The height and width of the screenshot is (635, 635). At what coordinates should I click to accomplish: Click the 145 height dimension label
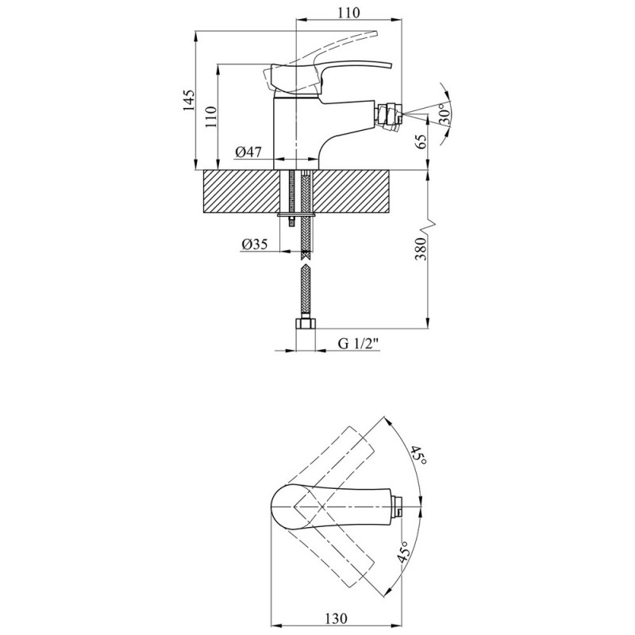tap(188, 100)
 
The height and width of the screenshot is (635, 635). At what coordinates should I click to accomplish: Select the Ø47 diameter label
tap(248, 152)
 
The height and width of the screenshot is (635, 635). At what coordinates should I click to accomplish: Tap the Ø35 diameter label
tap(254, 244)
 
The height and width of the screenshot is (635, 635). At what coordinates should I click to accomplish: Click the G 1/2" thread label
tap(358, 344)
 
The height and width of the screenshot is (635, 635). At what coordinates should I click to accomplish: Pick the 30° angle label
tap(444, 114)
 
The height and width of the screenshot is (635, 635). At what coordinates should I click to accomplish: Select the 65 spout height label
tap(421, 142)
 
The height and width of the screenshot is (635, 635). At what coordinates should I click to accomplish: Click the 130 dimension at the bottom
tap(336, 618)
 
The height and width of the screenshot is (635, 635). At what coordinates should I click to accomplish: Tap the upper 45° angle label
tap(418, 455)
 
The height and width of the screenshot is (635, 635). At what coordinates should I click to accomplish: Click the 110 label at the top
tap(348, 13)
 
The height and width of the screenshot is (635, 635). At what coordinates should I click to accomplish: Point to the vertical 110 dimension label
tap(211, 117)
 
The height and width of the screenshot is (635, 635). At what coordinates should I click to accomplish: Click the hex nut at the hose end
tap(306, 325)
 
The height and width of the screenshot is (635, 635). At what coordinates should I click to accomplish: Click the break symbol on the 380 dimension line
tap(429, 227)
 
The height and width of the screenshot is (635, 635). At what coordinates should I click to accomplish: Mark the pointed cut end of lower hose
tap(306, 267)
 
